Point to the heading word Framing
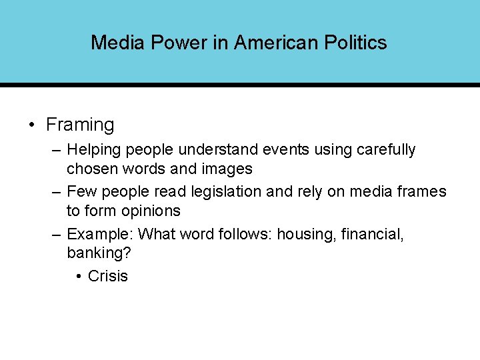click(x=80, y=125)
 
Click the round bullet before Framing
click(x=32, y=125)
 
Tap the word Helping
click(x=94, y=149)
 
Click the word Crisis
click(x=107, y=276)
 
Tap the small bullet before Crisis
click(x=79, y=276)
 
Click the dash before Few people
click(x=57, y=192)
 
